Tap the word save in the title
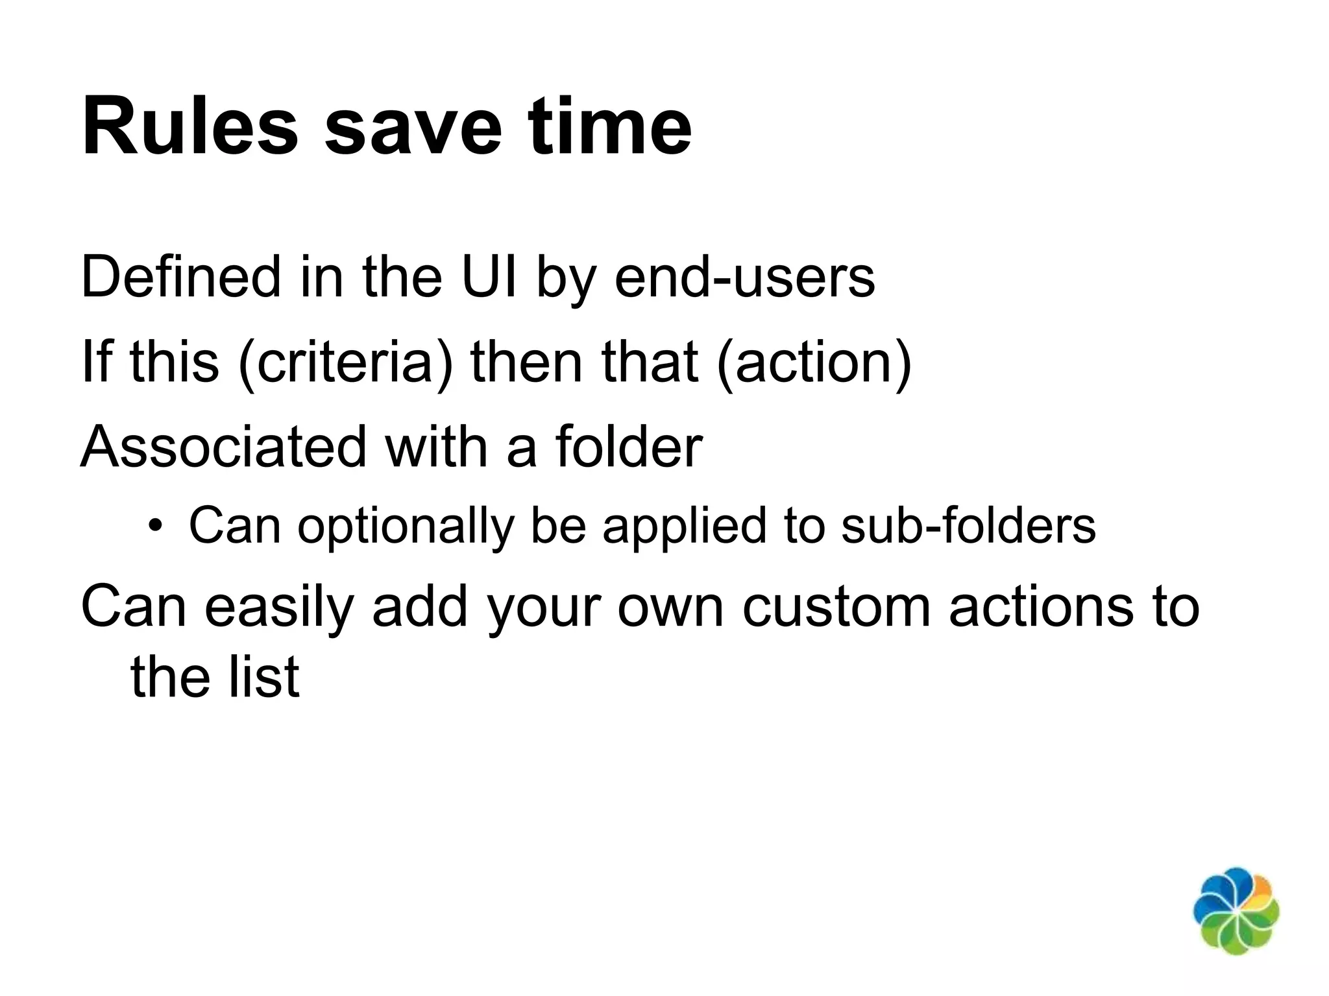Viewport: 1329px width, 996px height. [x=413, y=126]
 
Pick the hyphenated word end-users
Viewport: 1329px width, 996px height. [x=744, y=278]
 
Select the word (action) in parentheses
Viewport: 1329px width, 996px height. [x=814, y=362]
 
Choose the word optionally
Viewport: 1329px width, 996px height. [x=406, y=525]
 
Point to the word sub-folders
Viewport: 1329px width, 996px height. [x=968, y=525]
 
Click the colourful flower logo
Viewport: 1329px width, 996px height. [x=1236, y=910]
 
